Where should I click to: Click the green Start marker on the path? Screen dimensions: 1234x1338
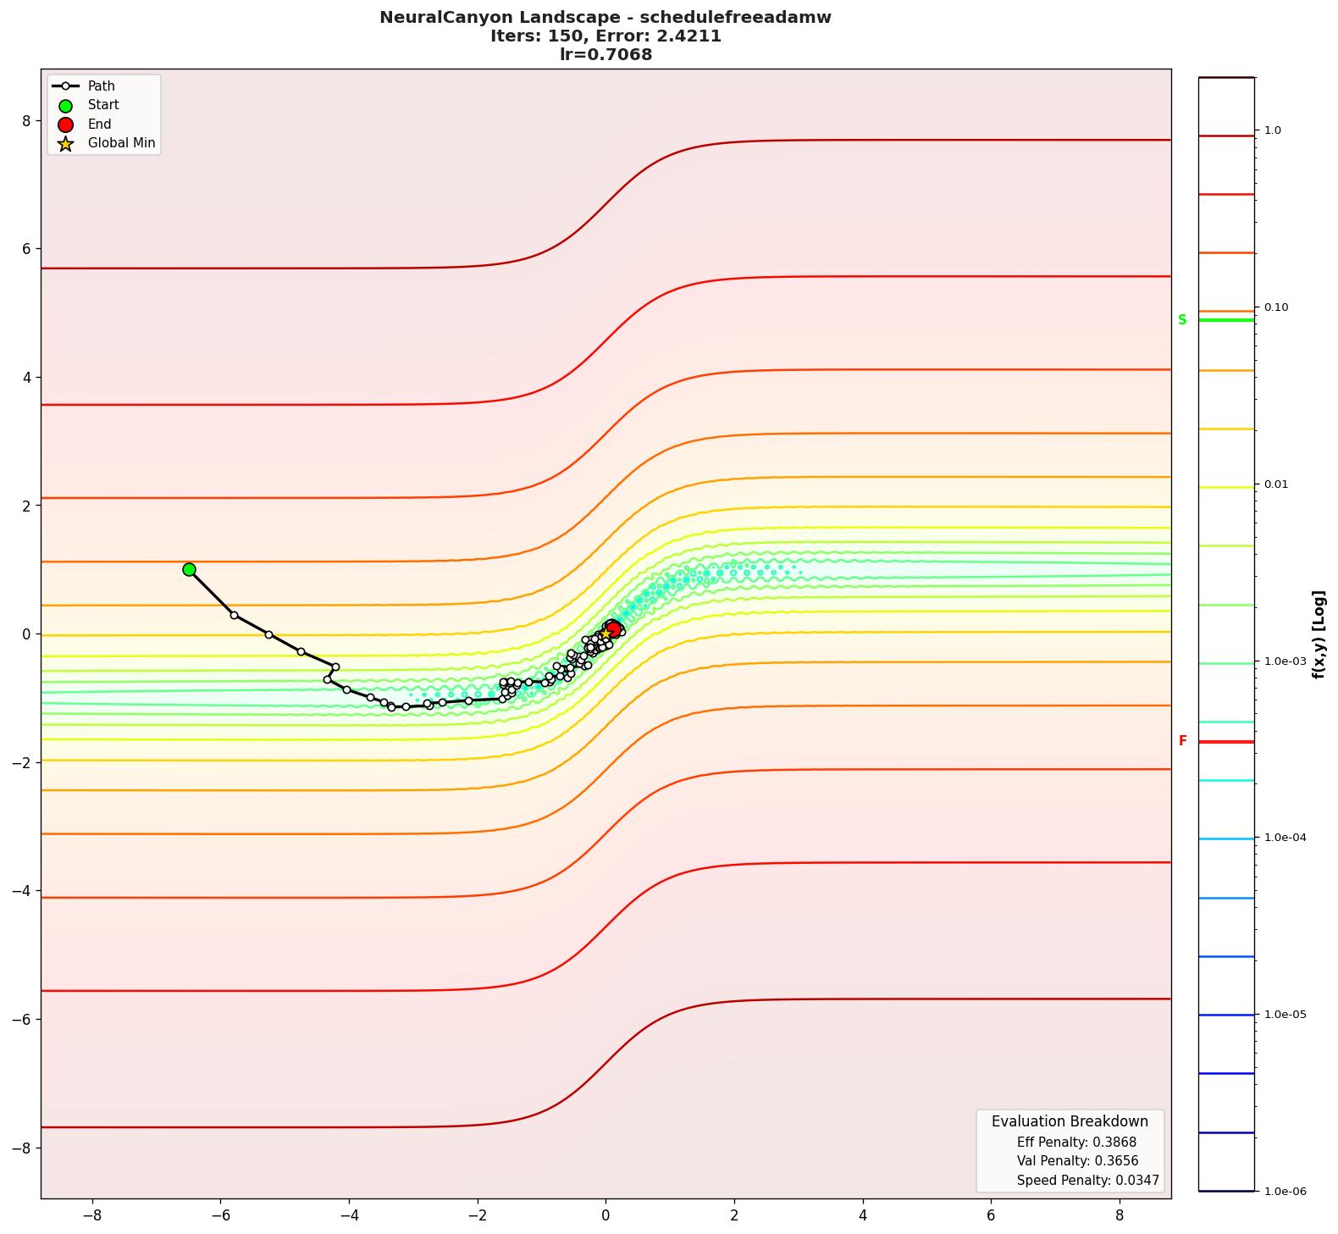tap(189, 569)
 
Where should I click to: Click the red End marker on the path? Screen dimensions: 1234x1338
tap(613, 628)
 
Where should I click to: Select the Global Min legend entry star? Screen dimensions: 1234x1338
tap(65, 143)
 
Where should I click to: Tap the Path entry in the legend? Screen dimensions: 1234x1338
tap(101, 86)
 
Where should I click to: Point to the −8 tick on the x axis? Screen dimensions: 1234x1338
tap(91, 1215)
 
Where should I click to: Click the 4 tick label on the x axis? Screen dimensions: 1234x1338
tap(863, 1215)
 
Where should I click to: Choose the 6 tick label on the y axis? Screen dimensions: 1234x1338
tap(25, 249)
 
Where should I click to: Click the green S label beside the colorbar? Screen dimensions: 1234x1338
tap(1182, 320)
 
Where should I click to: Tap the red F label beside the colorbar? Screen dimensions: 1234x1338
tap(1182, 741)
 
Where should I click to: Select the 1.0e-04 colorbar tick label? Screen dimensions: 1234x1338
tap(1285, 838)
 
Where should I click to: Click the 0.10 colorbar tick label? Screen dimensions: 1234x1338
tap(1276, 307)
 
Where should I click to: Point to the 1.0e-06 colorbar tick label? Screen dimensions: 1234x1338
tap(1285, 1192)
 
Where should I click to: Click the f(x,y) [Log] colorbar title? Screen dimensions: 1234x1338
tap(1319, 634)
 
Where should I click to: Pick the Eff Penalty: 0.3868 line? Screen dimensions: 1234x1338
tap(1076, 1142)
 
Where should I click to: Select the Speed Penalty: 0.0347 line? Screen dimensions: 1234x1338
tap(1087, 1180)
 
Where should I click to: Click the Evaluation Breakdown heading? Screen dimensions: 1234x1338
tap(1070, 1121)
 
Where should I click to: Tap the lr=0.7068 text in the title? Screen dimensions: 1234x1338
tap(605, 55)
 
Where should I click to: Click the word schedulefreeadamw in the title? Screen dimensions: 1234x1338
tap(735, 18)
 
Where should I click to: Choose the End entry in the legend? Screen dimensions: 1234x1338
tap(99, 125)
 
